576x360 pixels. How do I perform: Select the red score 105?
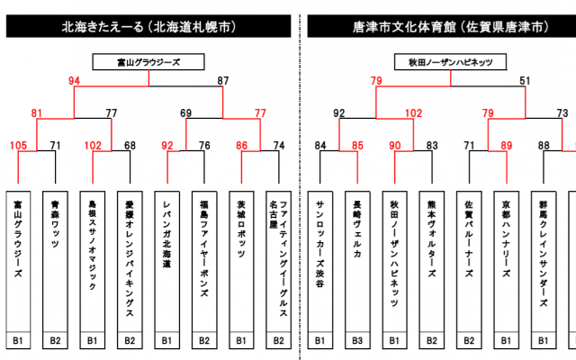click(x=18, y=145)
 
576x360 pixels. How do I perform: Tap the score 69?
click(x=186, y=113)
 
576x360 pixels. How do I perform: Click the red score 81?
click(x=38, y=113)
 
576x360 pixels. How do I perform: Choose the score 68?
click(x=130, y=145)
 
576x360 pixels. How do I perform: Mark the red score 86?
click(x=242, y=145)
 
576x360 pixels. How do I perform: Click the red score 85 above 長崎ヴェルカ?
click(x=356, y=145)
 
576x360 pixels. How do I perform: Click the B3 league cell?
click(x=357, y=341)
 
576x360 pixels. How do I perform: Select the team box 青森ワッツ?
click(x=56, y=261)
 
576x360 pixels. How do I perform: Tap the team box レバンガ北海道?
click(x=167, y=261)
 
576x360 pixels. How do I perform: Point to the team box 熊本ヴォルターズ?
click(x=432, y=261)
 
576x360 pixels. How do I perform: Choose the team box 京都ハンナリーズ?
click(x=506, y=261)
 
